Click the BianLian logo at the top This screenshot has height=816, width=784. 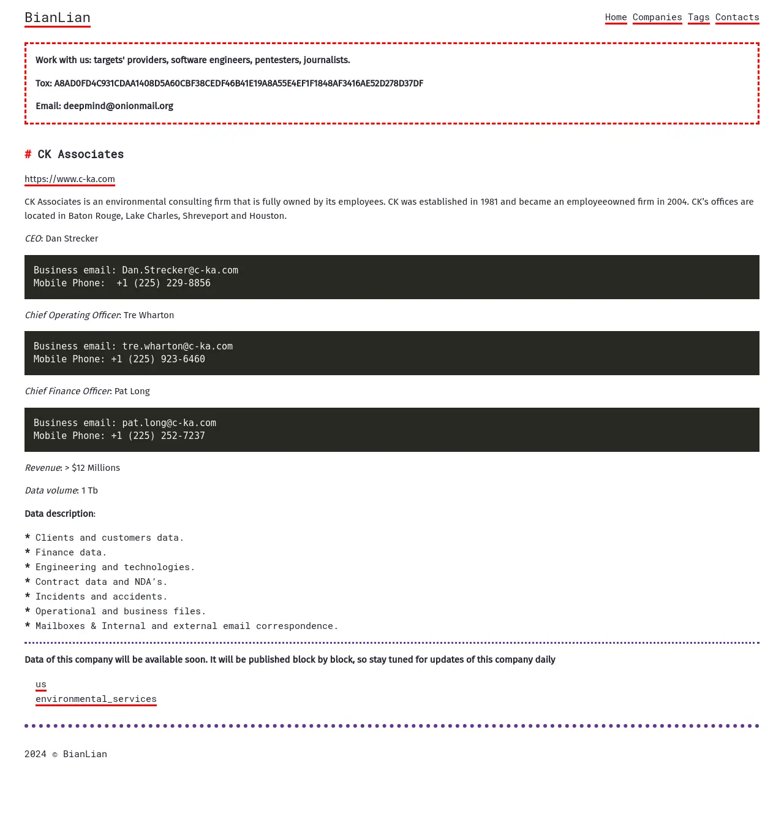(58, 18)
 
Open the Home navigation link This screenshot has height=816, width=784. (616, 17)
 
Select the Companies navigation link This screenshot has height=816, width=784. (657, 17)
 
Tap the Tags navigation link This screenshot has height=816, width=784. (698, 17)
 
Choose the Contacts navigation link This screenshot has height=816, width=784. (737, 17)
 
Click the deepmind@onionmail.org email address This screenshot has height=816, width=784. (118, 106)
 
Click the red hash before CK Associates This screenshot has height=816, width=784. (28, 154)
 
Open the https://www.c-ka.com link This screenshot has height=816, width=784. (70, 179)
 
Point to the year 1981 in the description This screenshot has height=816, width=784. (489, 202)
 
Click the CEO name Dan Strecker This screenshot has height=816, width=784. (72, 238)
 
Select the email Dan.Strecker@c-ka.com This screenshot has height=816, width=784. (180, 270)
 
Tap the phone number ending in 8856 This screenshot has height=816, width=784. (164, 283)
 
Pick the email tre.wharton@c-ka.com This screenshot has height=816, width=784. (178, 346)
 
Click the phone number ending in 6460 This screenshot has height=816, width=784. (158, 359)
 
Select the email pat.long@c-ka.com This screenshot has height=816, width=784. (169, 423)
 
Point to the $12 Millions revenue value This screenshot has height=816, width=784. (96, 468)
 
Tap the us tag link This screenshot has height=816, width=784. (41, 684)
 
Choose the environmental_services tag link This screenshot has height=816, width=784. (96, 699)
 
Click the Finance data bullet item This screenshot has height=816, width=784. (71, 552)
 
